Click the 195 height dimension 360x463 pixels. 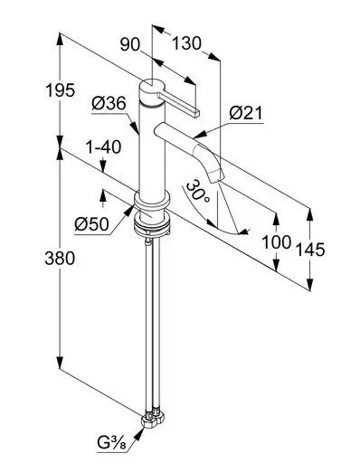click(x=60, y=90)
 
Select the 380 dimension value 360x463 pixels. click(x=60, y=259)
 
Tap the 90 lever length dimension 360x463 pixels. click(x=130, y=44)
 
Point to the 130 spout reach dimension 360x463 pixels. click(x=186, y=43)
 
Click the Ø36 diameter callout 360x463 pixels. click(x=109, y=104)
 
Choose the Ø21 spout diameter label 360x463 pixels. click(x=246, y=113)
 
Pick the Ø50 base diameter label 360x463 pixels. click(x=91, y=224)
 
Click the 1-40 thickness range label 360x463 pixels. click(x=103, y=147)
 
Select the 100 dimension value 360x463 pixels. click(x=276, y=242)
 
